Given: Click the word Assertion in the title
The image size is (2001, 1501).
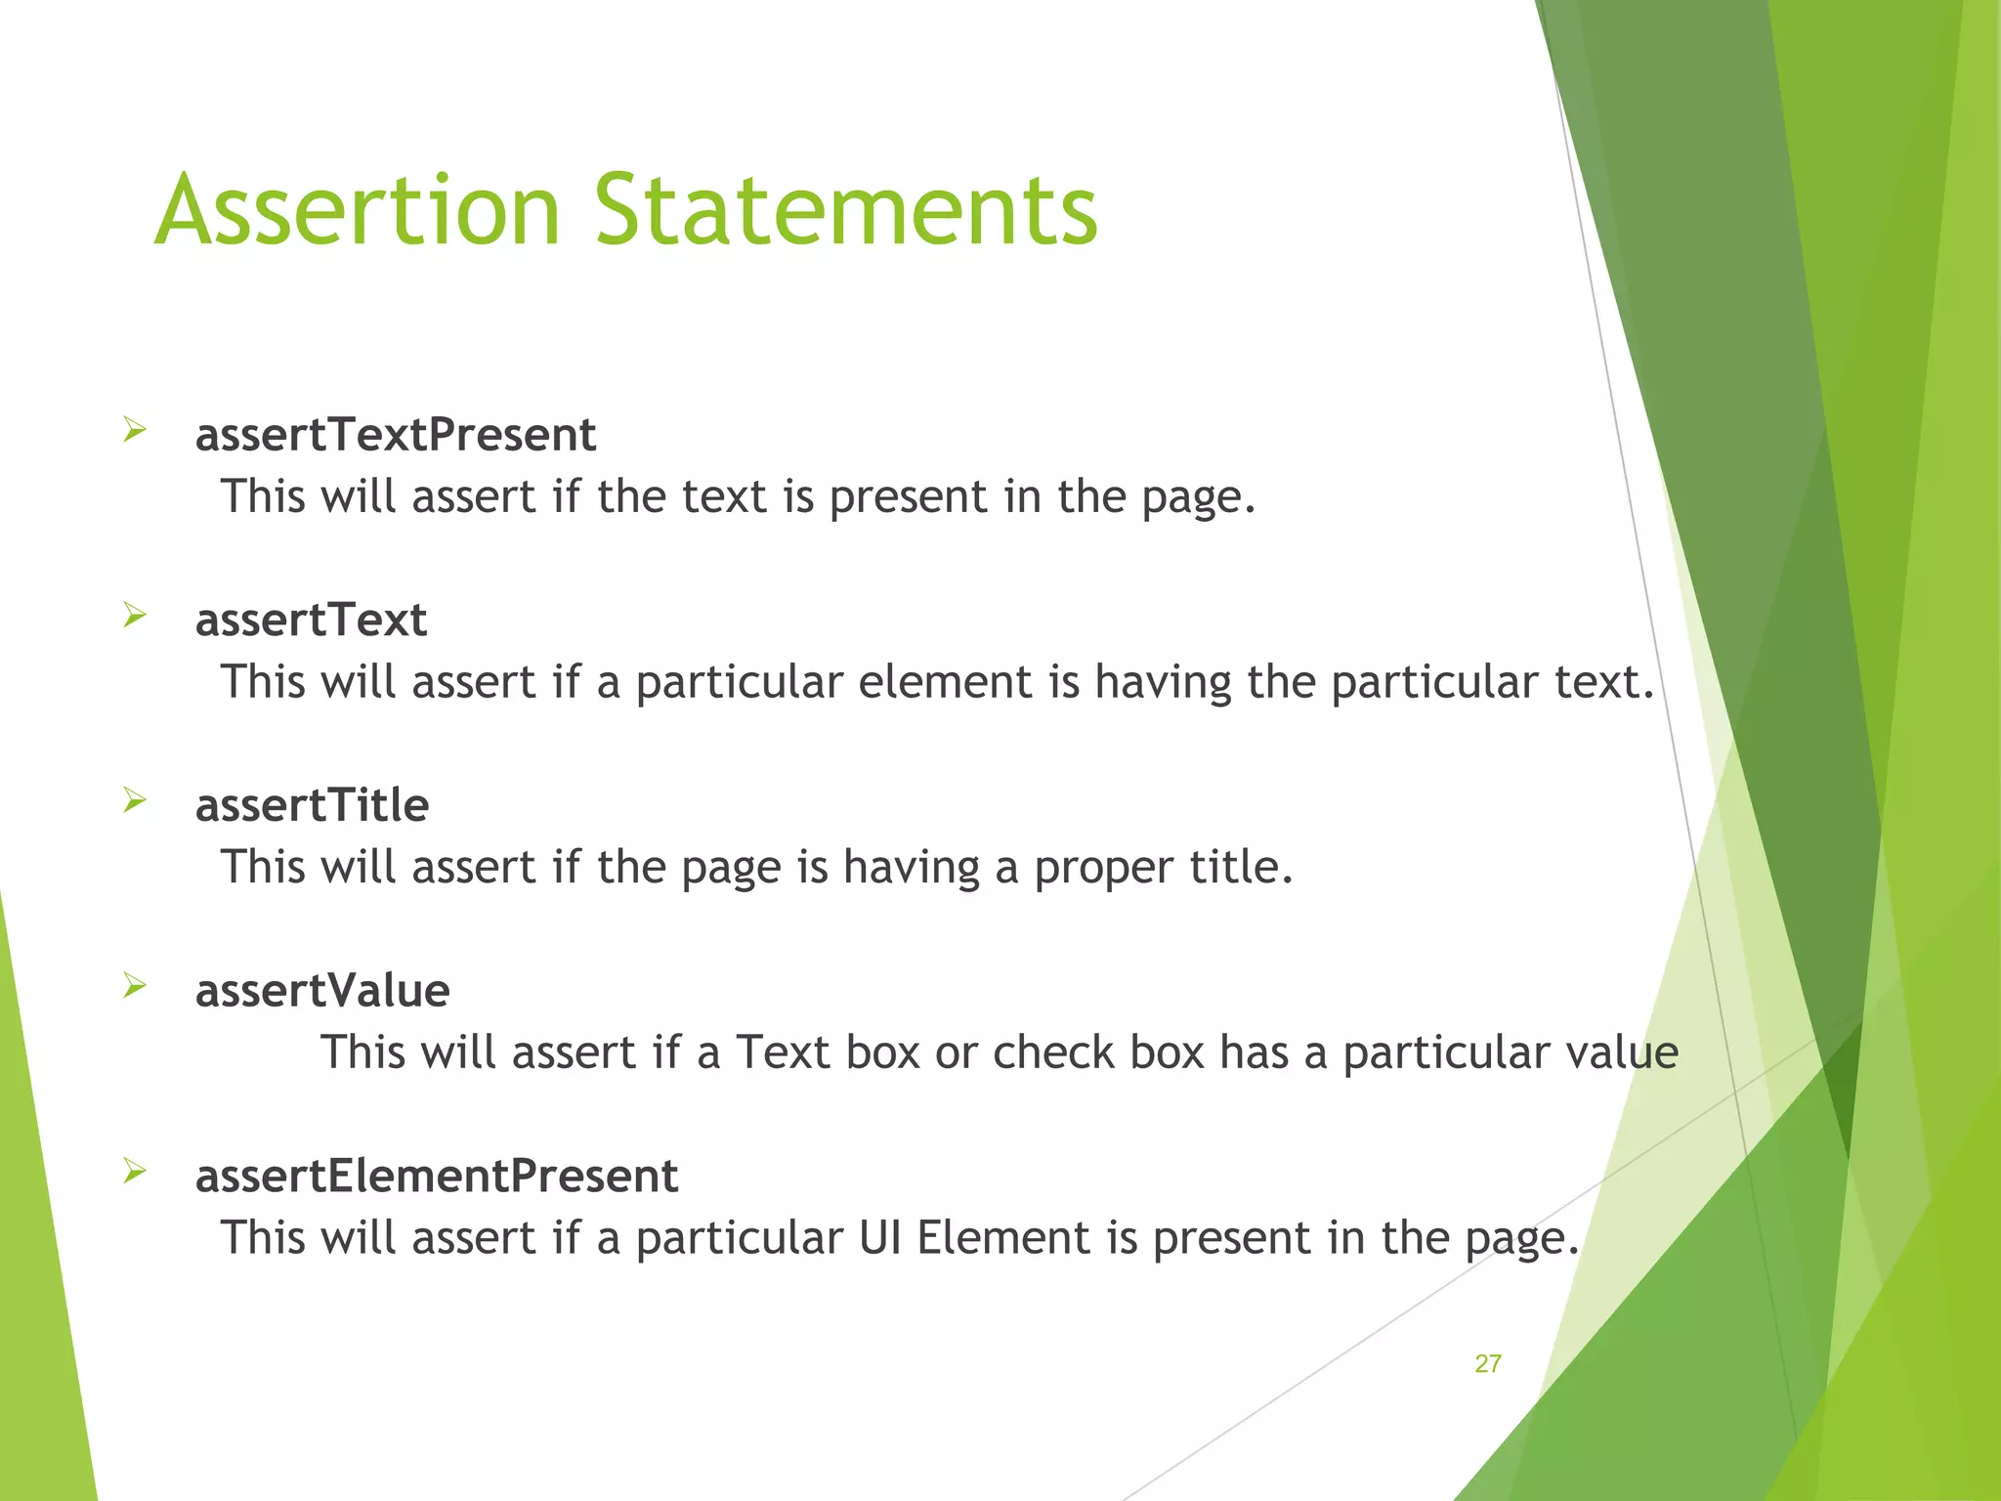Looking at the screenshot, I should coord(358,211).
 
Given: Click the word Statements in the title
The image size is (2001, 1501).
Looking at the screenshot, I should coord(846,211).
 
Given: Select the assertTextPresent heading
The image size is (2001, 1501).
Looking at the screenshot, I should coord(396,435).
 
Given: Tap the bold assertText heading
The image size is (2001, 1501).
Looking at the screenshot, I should coord(311,621).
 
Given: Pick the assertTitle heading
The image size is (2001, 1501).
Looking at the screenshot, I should coord(312,806).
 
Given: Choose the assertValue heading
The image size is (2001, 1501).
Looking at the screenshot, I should coord(322,991).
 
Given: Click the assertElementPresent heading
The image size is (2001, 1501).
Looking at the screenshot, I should coord(437,1176).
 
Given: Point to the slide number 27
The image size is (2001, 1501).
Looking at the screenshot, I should coord(1487,1364).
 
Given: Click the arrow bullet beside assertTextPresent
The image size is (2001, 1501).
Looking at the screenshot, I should coord(135,430).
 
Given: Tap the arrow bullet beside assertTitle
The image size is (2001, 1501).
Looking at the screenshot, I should coord(135,801).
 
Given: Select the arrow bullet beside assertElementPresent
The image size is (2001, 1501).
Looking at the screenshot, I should coord(135,1171).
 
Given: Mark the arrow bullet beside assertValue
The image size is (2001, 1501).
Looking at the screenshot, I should coord(135,986).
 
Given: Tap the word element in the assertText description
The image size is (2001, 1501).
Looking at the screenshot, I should coord(945,682).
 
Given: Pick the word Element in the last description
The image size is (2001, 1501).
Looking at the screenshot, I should coord(1003,1238).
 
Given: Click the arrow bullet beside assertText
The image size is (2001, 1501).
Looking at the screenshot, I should coord(135,616).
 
